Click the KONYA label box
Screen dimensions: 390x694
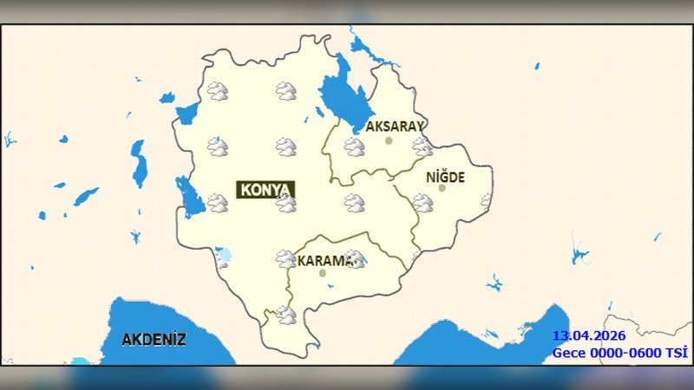(265, 190)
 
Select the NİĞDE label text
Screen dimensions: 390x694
(446, 177)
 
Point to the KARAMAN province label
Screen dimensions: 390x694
(326, 260)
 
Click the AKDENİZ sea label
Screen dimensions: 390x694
(154, 339)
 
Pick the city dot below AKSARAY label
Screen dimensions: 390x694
(390, 140)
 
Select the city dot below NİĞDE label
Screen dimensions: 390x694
(442, 188)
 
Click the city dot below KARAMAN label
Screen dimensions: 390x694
(323, 273)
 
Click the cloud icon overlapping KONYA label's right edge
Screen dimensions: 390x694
(286, 203)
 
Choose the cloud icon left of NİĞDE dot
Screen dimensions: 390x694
(422, 203)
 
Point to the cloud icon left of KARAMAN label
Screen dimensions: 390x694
(285, 258)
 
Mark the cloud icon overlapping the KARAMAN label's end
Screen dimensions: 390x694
(353, 258)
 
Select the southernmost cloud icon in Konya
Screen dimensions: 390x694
(285, 315)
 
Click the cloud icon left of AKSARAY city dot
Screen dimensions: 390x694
(353, 146)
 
